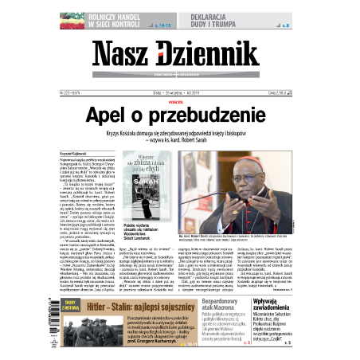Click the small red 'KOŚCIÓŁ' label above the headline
[181, 102]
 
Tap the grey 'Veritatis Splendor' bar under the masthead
[180, 76]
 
